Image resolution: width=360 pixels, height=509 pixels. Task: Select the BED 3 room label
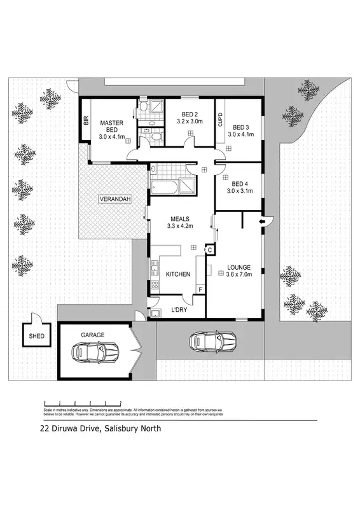240,130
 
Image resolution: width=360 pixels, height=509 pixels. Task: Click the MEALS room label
179,220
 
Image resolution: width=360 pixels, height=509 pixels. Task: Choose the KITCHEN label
177,274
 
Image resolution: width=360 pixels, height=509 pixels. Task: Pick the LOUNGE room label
239,270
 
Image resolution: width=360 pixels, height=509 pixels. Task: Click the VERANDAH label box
115,200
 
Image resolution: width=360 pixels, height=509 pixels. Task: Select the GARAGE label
92,334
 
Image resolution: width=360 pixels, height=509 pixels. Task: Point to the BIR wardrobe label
86,121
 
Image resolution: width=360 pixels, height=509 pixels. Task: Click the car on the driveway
213,341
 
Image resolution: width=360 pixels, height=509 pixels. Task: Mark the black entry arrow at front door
261,221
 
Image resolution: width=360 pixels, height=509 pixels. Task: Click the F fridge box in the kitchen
200,290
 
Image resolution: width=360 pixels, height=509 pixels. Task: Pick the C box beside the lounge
209,250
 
